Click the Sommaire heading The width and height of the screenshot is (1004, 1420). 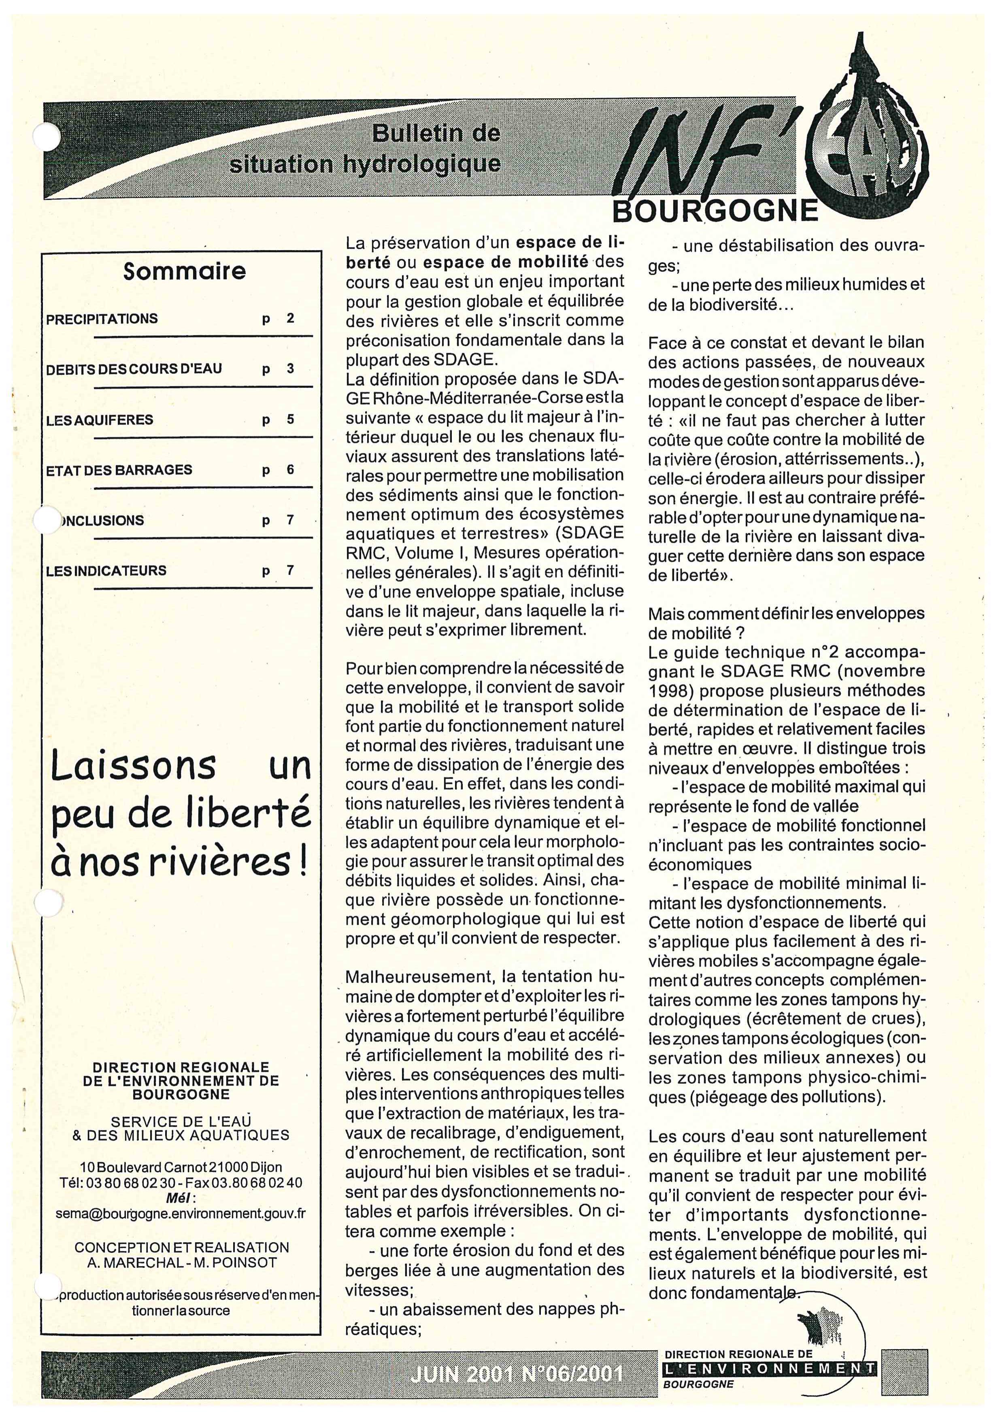(184, 271)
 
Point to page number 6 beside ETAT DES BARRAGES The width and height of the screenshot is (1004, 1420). (290, 470)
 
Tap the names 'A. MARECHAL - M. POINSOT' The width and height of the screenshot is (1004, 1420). (182, 1262)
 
